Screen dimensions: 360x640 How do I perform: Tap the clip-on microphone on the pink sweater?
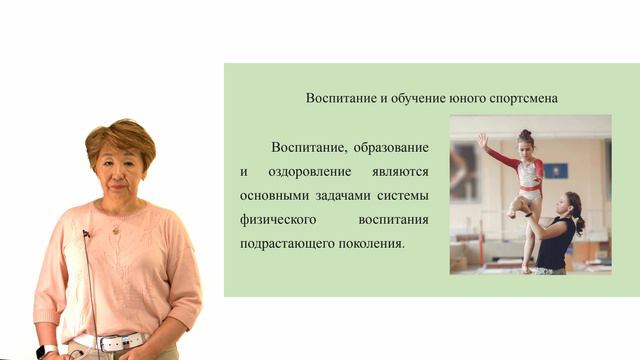86,234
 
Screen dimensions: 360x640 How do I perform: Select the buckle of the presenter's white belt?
109,343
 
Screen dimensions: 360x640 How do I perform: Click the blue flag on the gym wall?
558,170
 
